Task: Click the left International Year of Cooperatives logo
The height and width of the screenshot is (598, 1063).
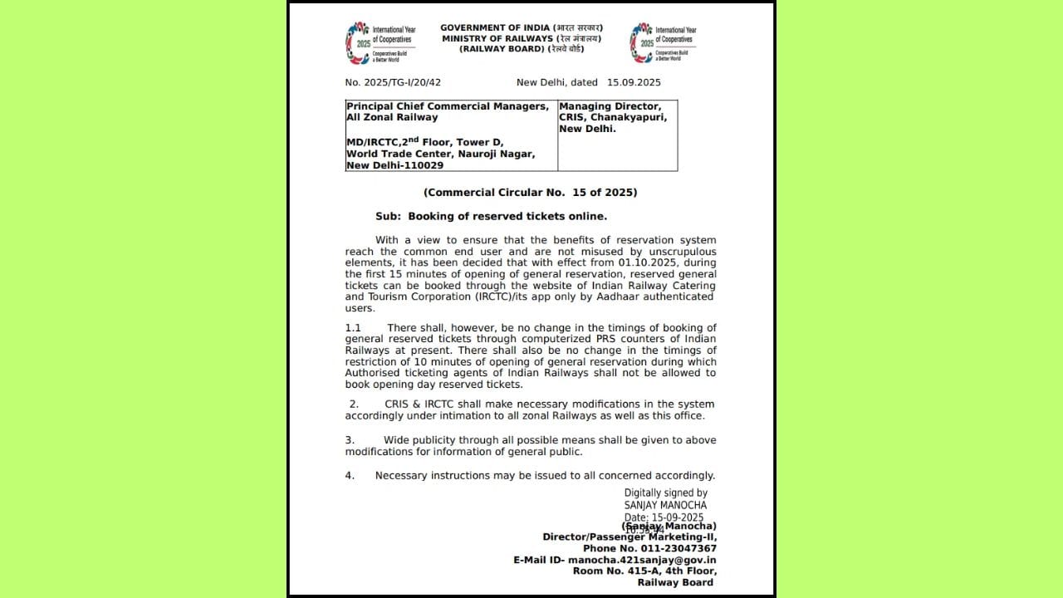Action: (x=358, y=42)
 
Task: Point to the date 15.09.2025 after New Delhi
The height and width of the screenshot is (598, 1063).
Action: (x=634, y=82)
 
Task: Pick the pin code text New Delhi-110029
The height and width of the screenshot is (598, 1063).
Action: (x=394, y=165)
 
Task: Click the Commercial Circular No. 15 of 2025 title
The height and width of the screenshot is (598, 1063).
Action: (x=530, y=192)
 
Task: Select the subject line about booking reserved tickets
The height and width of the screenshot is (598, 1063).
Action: (x=491, y=216)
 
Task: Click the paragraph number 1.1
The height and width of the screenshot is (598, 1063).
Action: (x=353, y=328)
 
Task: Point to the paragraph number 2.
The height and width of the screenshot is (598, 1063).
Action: (x=353, y=404)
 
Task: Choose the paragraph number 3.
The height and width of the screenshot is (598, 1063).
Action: (x=350, y=439)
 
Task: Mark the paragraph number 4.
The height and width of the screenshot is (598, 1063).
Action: (x=350, y=475)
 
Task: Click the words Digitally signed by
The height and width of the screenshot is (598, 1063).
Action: (x=665, y=493)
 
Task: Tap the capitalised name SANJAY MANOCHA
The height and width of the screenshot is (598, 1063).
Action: (x=665, y=505)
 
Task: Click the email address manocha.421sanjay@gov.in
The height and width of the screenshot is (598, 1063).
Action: (x=642, y=560)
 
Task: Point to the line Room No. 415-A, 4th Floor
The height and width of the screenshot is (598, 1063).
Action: (x=644, y=571)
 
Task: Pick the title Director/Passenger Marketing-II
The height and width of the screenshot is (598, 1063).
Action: (x=629, y=537)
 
